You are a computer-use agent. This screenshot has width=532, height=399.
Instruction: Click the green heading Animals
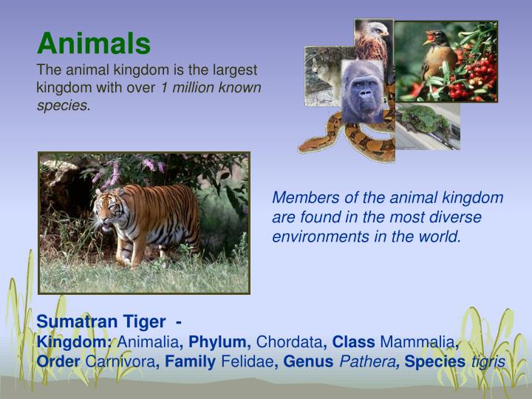pos(94,44)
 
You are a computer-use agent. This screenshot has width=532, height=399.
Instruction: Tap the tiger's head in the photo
pos(109,209)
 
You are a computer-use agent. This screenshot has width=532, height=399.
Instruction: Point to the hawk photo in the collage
pos(373,40)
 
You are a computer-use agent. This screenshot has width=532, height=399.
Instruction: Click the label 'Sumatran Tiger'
pos(101,322)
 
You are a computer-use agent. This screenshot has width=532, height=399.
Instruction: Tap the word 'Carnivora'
pos(120,362)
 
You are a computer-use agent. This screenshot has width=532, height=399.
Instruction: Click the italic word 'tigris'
pos(488,362)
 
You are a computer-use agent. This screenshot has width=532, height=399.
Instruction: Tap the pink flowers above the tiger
pos(111,172)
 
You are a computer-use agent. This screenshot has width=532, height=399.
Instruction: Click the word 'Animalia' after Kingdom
pos(149,342)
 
